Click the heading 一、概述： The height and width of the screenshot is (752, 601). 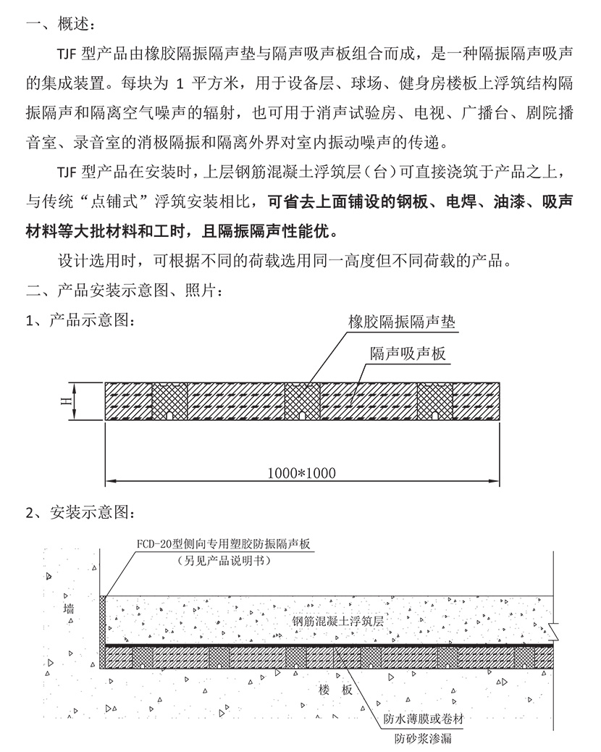coord(59,24)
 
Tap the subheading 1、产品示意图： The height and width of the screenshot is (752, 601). coord(80,320)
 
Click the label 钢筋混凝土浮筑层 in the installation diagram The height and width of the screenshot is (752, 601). coord(337,621)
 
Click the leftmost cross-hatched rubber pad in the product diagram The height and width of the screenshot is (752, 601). coord(169,401)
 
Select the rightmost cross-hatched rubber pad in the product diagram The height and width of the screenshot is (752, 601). coord(434,401)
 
